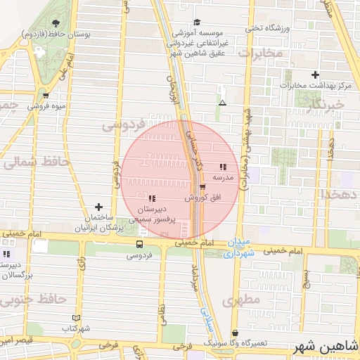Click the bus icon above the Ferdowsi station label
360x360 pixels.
pos(139,245)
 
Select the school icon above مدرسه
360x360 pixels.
pos(223,167)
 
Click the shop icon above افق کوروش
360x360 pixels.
pos(203,187)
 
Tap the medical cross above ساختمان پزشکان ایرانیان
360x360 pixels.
pos(98,207)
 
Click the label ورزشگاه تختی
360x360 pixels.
pos(267,28)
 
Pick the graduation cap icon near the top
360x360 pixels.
pos(197,22)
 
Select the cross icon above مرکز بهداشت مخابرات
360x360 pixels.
pos(315,75)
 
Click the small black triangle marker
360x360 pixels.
pos(222,103)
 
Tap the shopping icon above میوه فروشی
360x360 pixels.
pos(46,96)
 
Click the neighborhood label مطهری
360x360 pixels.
pos(240,300)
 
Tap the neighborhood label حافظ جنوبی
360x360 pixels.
pos(33,300)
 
